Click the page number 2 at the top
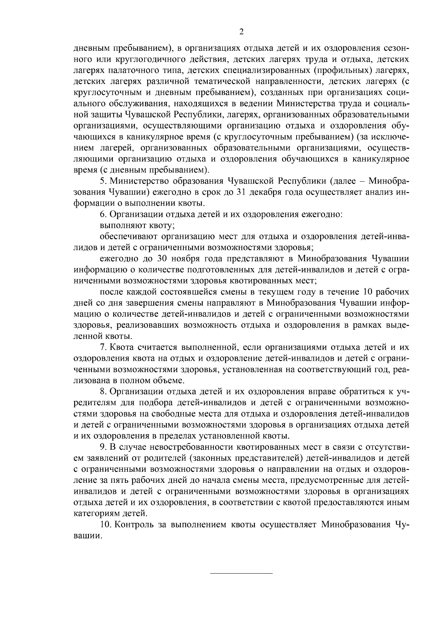tap(241, 32)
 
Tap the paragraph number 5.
tap(103, 181)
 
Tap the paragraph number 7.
tap(103, 347)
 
